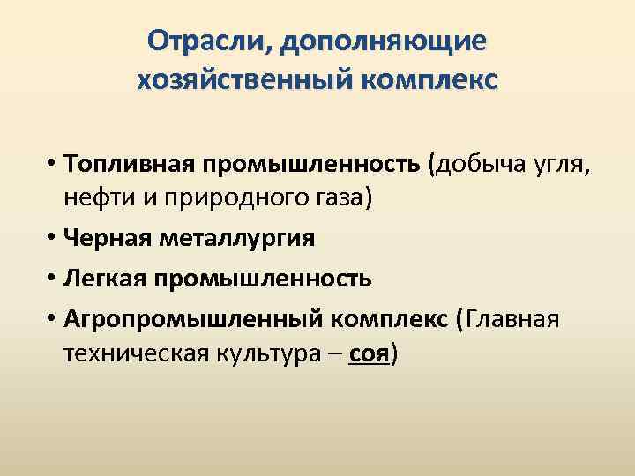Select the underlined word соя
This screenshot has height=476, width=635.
click(x=369, y=353)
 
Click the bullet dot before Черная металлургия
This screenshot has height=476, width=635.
click(x=54, y=238)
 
